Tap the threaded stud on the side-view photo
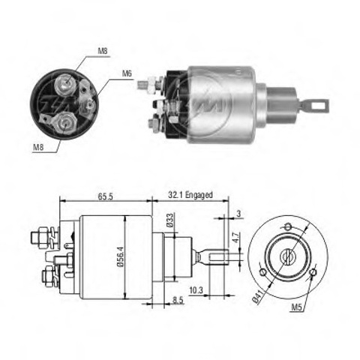(x=142, y=85)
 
